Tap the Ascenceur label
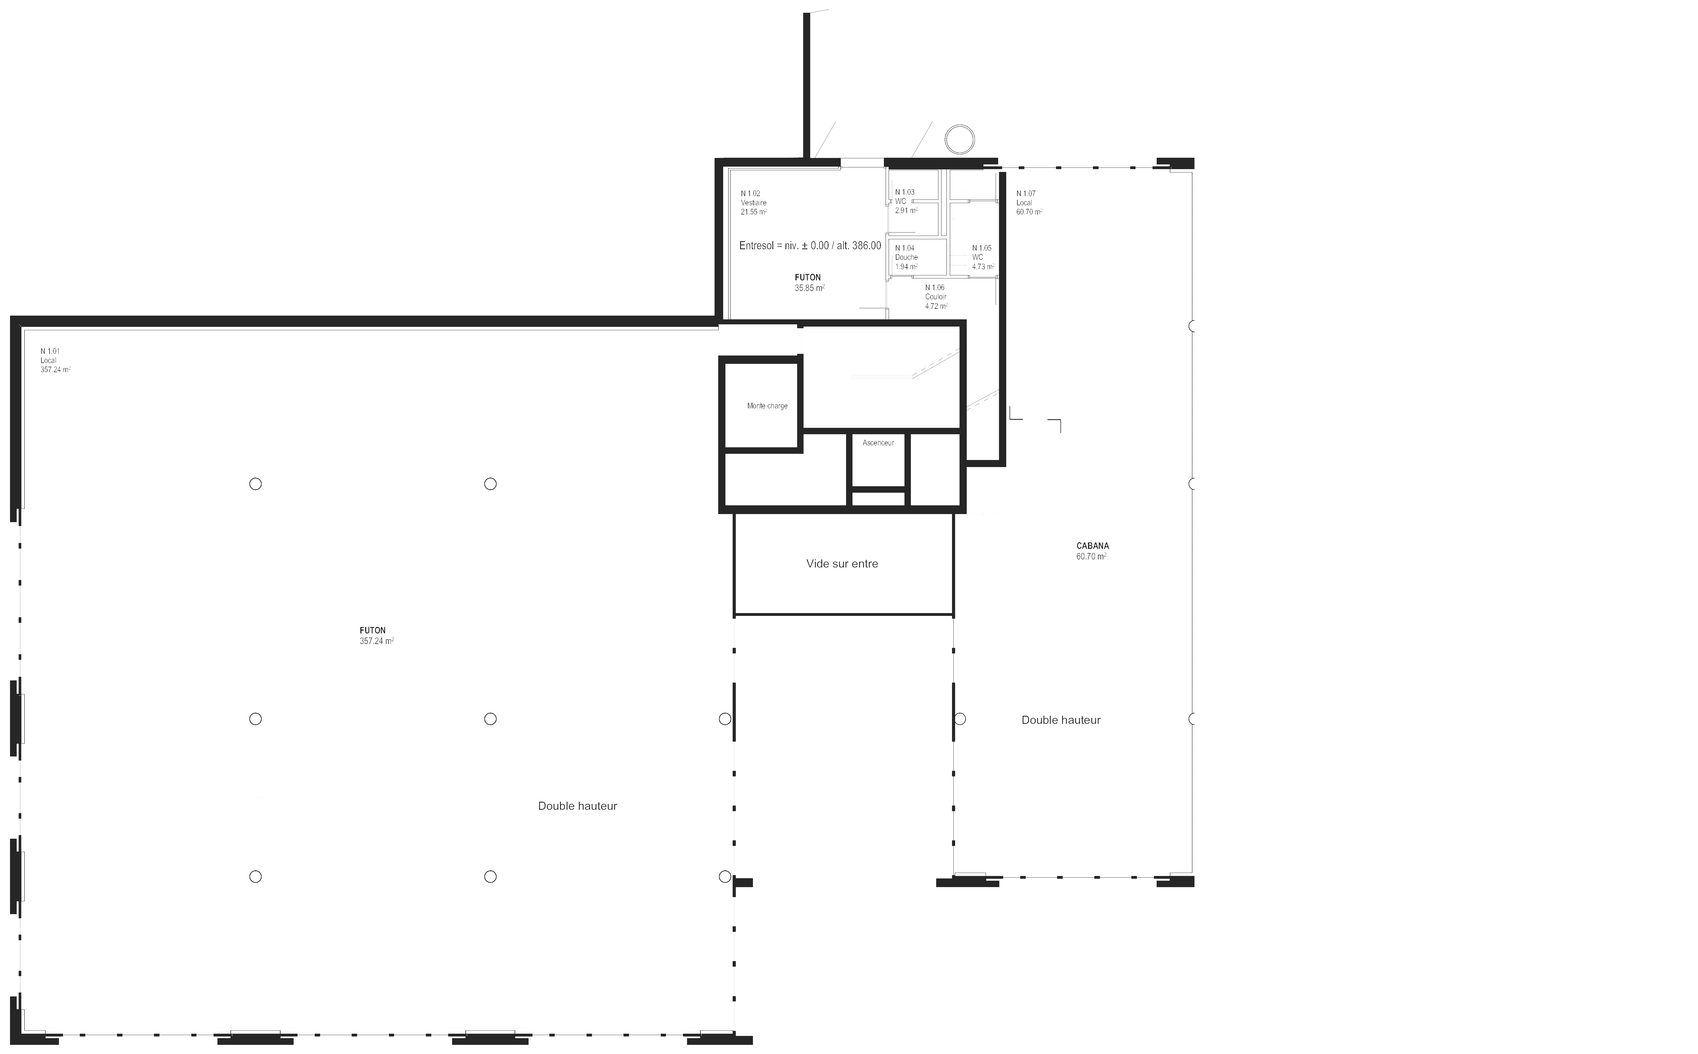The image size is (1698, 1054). pos(878,443)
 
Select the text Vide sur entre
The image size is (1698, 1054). pos(842,563)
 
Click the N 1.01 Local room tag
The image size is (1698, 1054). pos(55,361)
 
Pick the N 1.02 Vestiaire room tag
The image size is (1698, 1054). pos(754,202)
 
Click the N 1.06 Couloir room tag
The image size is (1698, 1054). pos(936,296)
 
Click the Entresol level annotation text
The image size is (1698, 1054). pos(810,245)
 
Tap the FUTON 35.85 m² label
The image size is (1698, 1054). pos(809,282)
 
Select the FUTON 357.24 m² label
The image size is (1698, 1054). pos(376,635)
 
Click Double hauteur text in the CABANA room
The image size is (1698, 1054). pos(1060,720)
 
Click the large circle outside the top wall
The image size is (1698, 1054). pos(960,139)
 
